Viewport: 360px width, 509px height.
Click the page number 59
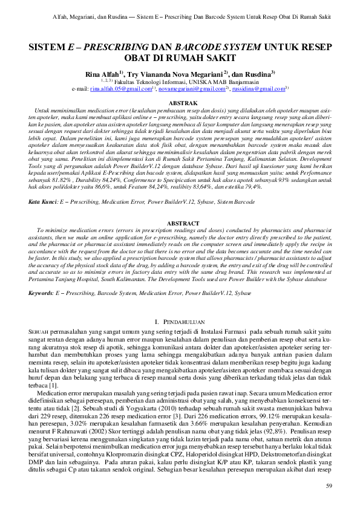point(329,487)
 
